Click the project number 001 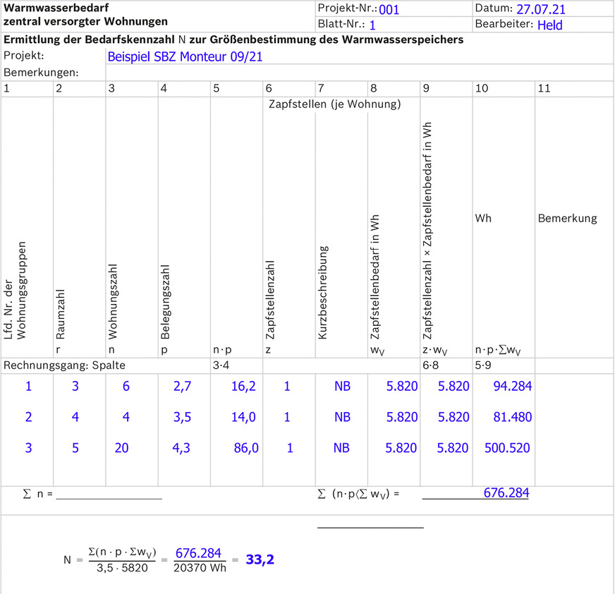pos(389,10)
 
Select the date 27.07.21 pos(541,10)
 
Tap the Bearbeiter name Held pos(550,25)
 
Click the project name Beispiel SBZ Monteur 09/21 pos(185,56)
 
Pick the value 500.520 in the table pos(507,448)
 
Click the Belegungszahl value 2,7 pos(181,386)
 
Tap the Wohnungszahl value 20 pos(121,448)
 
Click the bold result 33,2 pos(260,560)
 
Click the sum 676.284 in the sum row pos(506,493)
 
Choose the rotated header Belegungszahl pos(164,302)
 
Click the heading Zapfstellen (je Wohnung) pos(334,104)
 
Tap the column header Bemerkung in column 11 pos(567,219)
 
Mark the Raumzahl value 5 pos(75,448)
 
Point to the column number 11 pos(544,89)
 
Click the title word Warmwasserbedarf pos(54,8)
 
